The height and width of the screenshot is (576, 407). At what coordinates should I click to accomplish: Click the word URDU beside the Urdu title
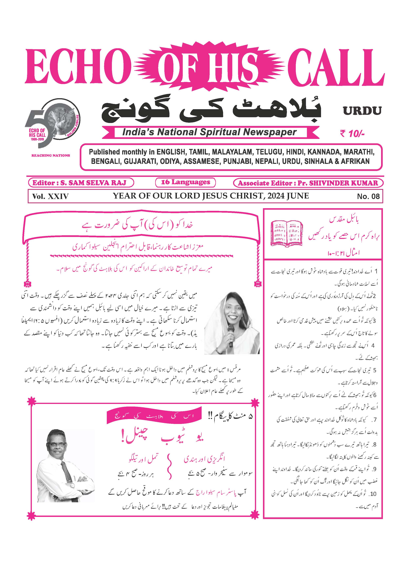click(x=362, y=111)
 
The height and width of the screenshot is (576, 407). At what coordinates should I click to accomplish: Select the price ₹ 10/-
click(x=352, y=134)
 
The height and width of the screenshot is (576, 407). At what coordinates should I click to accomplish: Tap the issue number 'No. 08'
click(x=368, y=196)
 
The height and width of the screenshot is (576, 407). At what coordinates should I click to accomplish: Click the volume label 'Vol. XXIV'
click(x=50, y=196)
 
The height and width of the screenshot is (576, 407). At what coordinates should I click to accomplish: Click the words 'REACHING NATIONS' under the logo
click(x=51, y=155)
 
